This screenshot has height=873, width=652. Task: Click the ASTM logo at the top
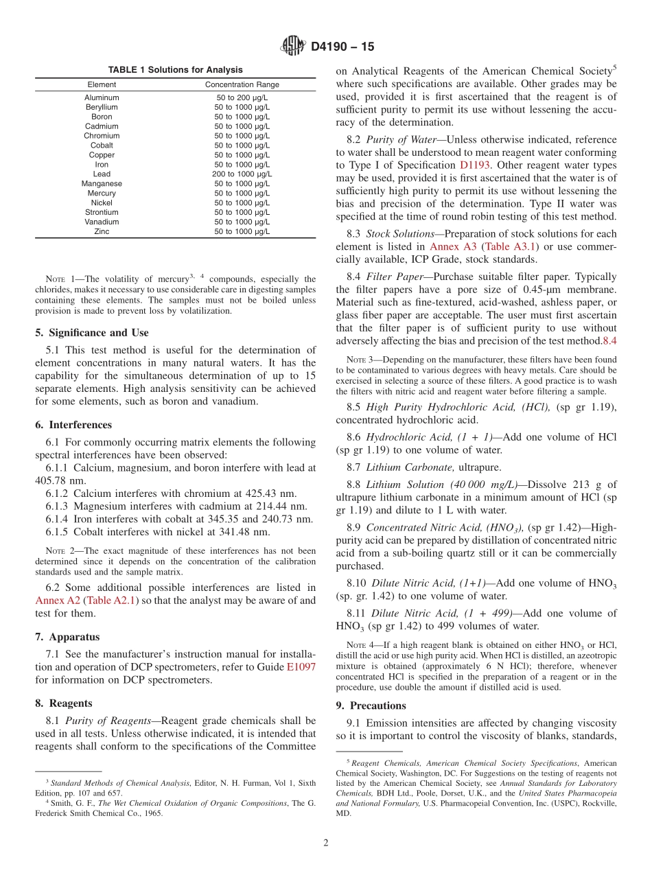point(293,47)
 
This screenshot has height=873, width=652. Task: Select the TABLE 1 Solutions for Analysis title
point(175,70)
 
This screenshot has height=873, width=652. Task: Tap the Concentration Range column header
point(242,85)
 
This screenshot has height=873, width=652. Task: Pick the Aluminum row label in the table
point(102,98)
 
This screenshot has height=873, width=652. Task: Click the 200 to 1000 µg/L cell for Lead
point(242,174)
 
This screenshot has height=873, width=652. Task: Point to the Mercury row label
point(102,194)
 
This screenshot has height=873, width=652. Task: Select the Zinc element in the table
point(102,232)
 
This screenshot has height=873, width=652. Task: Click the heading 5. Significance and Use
point(92,333)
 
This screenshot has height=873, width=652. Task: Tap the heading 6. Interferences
point(73,425)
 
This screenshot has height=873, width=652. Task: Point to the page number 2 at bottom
point(326,843)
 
